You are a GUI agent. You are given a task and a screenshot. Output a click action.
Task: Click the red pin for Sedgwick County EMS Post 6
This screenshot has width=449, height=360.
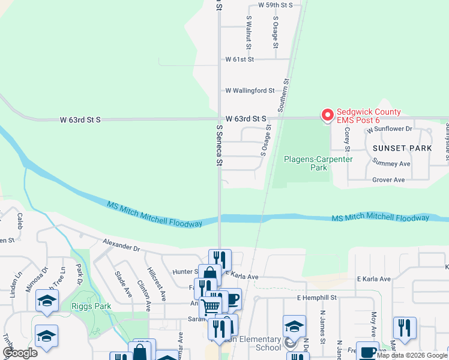[328, 115]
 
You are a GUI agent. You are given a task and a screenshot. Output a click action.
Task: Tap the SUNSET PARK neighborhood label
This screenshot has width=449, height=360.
[402, 148]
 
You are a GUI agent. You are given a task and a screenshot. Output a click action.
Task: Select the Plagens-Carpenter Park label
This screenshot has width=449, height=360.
[310, 163]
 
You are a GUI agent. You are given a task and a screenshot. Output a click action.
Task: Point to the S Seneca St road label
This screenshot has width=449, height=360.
[220, 145]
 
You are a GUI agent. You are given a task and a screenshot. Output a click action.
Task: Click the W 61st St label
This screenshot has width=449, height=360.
[240, 59]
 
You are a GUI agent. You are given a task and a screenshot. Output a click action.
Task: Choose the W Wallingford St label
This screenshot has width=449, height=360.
[250, 91]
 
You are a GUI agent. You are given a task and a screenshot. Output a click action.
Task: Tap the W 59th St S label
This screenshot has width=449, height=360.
[275, 5]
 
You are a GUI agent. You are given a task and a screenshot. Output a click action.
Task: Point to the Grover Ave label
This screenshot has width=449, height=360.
[388, 179]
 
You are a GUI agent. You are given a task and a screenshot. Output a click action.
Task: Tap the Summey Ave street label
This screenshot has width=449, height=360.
[391, 162]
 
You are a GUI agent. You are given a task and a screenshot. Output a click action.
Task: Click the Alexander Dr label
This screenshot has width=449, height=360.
[121, 246]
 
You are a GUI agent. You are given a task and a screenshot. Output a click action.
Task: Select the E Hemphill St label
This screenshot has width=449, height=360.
[316, 298]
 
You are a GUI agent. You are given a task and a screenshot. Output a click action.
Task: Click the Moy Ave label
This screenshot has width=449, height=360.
[373, 324]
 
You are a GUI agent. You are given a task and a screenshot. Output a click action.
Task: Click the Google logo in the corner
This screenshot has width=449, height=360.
[19, 353]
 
